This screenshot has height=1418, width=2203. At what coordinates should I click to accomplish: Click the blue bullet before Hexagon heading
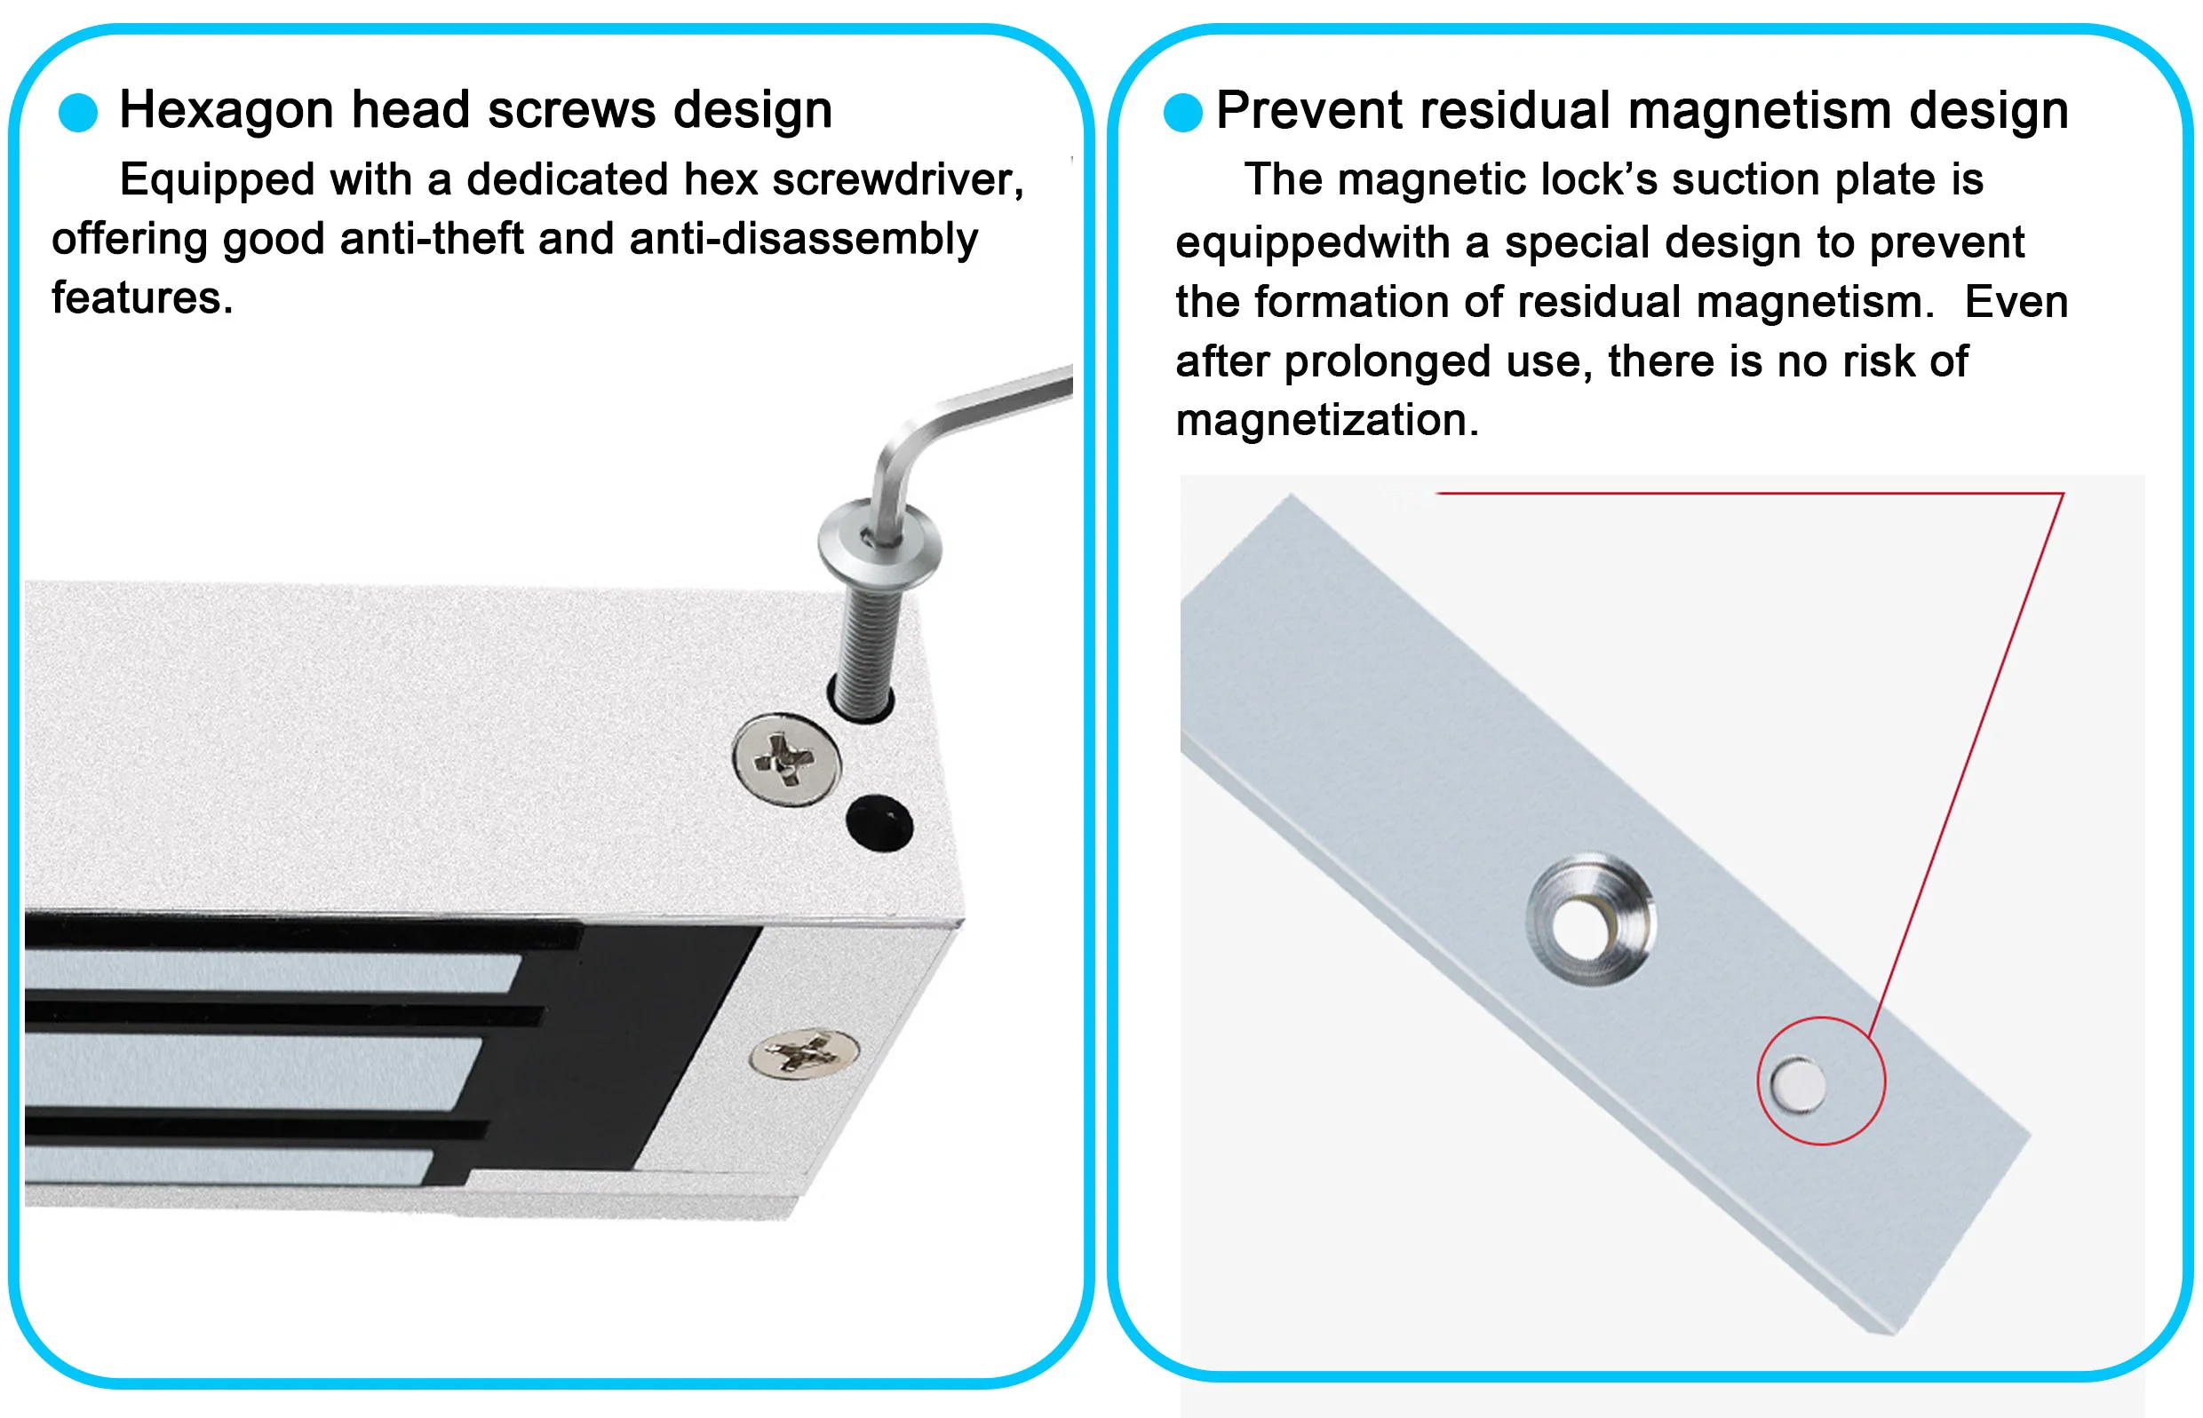point(78,113)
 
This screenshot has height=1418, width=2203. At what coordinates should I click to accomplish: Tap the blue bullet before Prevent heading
point(1183,113)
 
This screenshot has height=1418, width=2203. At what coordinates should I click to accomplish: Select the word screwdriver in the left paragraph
point(898,179)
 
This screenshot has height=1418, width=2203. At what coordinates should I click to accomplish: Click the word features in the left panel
point(142,298)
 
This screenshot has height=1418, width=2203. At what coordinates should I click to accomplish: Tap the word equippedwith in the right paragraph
point(1313,243)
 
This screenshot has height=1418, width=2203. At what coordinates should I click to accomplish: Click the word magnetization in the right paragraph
point(1327,420)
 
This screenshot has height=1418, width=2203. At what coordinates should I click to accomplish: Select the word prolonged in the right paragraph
point(1387,362)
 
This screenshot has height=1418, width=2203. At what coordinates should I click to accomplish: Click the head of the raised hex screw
point(880,543)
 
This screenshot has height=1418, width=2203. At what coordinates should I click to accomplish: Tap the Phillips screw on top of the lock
point(786,760)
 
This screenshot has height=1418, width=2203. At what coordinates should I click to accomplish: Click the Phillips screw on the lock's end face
point(805,1053)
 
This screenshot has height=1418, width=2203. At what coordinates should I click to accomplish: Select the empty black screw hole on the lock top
point(879,823)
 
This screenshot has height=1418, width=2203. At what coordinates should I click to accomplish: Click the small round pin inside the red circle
point(1798,1085)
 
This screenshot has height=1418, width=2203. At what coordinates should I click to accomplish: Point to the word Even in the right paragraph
point(2016,302)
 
